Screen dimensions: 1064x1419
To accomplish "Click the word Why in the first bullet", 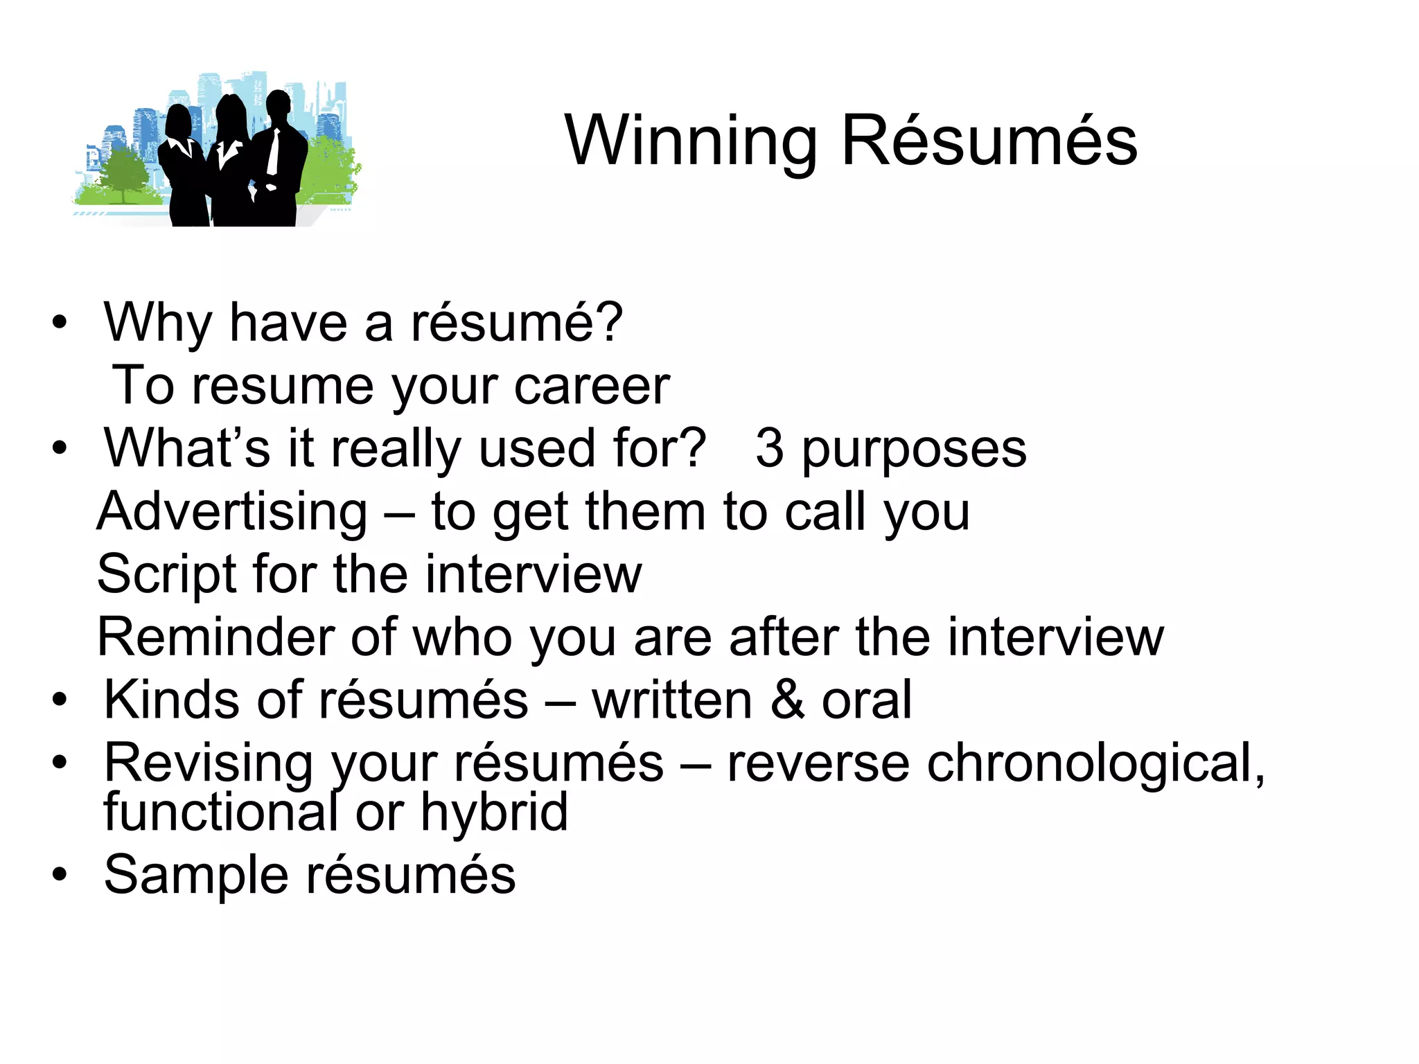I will pyautogui.click(x=157, y=323).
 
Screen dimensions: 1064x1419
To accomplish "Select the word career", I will pyautogui.click(x=592, y=386).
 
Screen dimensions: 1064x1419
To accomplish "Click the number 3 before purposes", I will pyautogui.click(x=770, y=448).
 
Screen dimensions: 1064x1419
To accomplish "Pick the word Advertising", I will pyautogui.click(x=232, y=512).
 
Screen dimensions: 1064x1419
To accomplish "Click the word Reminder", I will pyautogui.click(x=214, y=637).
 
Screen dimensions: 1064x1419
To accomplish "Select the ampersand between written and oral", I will pyautogui.click(x=786, y=700).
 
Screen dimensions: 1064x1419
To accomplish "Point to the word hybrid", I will pyautogui.click(x=494, y=812).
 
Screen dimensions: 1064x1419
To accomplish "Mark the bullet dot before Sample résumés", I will pyautogui.click(x=60, y=875).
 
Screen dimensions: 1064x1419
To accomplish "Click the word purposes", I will pyautogui.click(x=914, y=450).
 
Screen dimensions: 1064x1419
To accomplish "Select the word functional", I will pyautogui.click(x=221, y=812).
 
